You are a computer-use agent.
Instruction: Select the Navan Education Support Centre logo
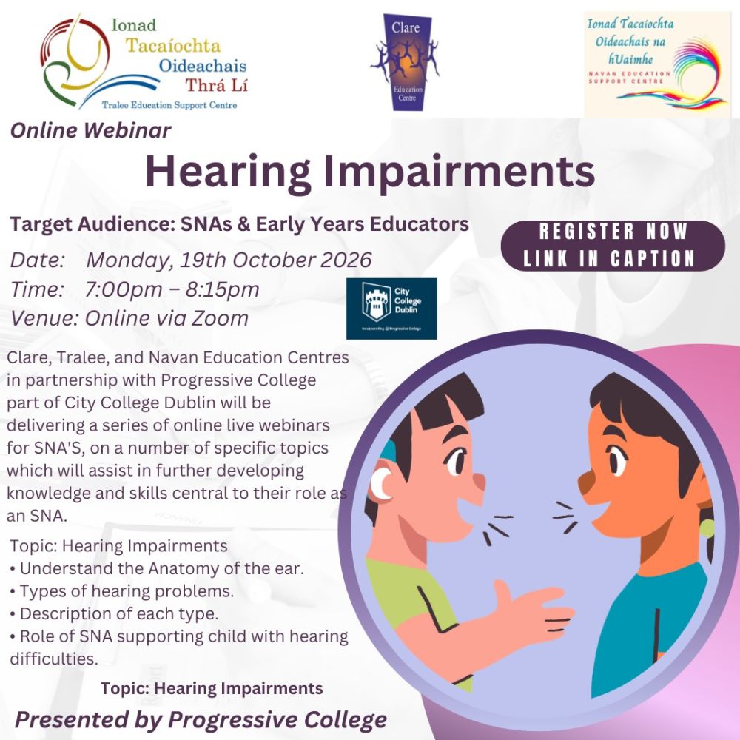pos(656,64)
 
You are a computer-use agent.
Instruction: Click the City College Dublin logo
pos(391,308)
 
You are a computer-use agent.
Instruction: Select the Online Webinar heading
pos(91,131)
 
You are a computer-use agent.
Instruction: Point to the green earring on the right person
pos(707,528)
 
